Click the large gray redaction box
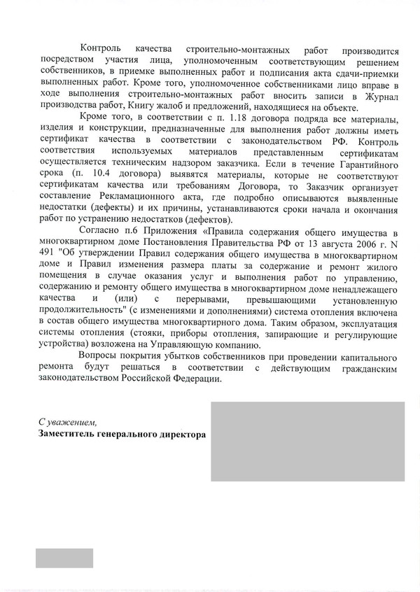pyautogui.click(x=307, y=441)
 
